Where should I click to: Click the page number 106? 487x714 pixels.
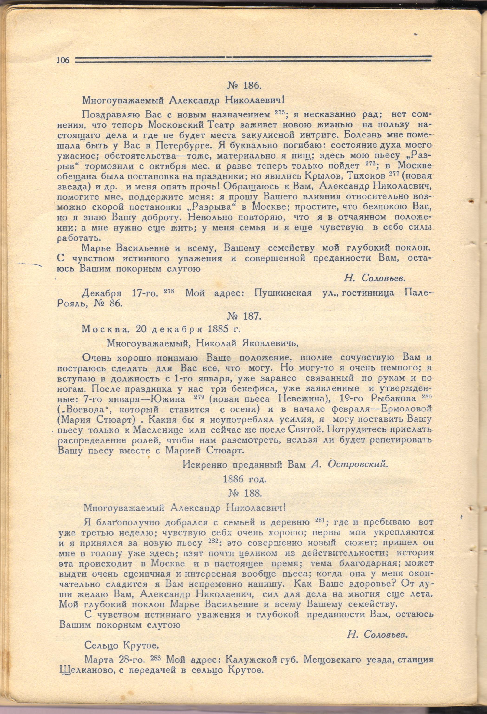click(63, 60)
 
